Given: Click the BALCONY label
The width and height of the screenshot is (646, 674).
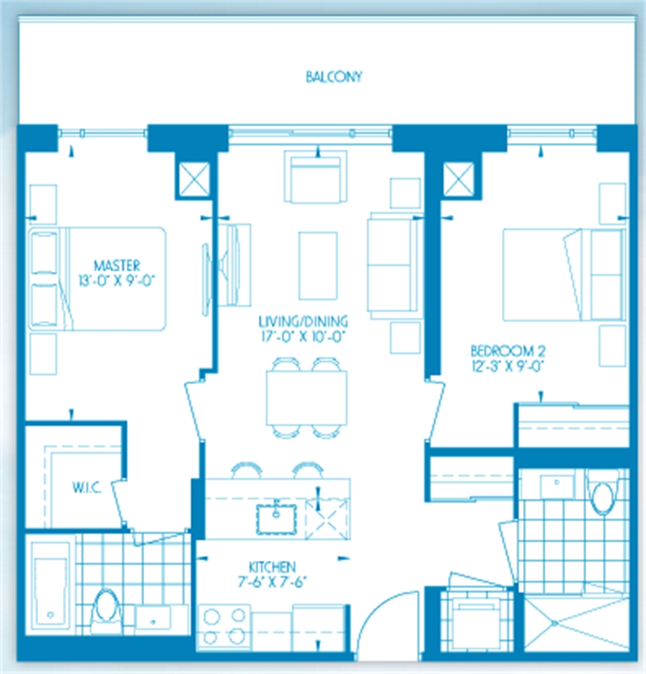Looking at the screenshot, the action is tap(333, 77).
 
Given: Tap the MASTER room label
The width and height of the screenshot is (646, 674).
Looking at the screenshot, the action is tap(117, 265).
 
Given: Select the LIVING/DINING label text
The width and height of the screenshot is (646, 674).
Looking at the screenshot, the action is tap(304, 321).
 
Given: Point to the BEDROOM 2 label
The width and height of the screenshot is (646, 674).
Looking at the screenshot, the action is tap(508, 351).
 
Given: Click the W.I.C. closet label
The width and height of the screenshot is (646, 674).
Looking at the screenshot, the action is tap(87, 488).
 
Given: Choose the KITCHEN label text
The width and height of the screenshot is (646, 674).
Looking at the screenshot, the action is tap(272, 567).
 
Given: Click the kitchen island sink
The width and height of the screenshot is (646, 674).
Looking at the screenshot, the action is tap(277, 519).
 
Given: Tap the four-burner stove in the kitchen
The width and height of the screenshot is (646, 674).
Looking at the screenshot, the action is tap(224, 627).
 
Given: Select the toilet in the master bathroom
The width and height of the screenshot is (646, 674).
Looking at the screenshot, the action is tap(106, 606).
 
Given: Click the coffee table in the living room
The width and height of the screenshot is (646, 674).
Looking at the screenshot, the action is tap(318, 266).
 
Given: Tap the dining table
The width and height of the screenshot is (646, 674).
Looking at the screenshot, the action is tap(307, 398).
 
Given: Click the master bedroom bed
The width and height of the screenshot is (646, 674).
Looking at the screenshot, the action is tap(97, 279).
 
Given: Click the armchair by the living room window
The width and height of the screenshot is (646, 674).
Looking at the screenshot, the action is tap(316, 176).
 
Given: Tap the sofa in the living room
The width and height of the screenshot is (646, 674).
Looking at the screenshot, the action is tap(394, 266).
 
